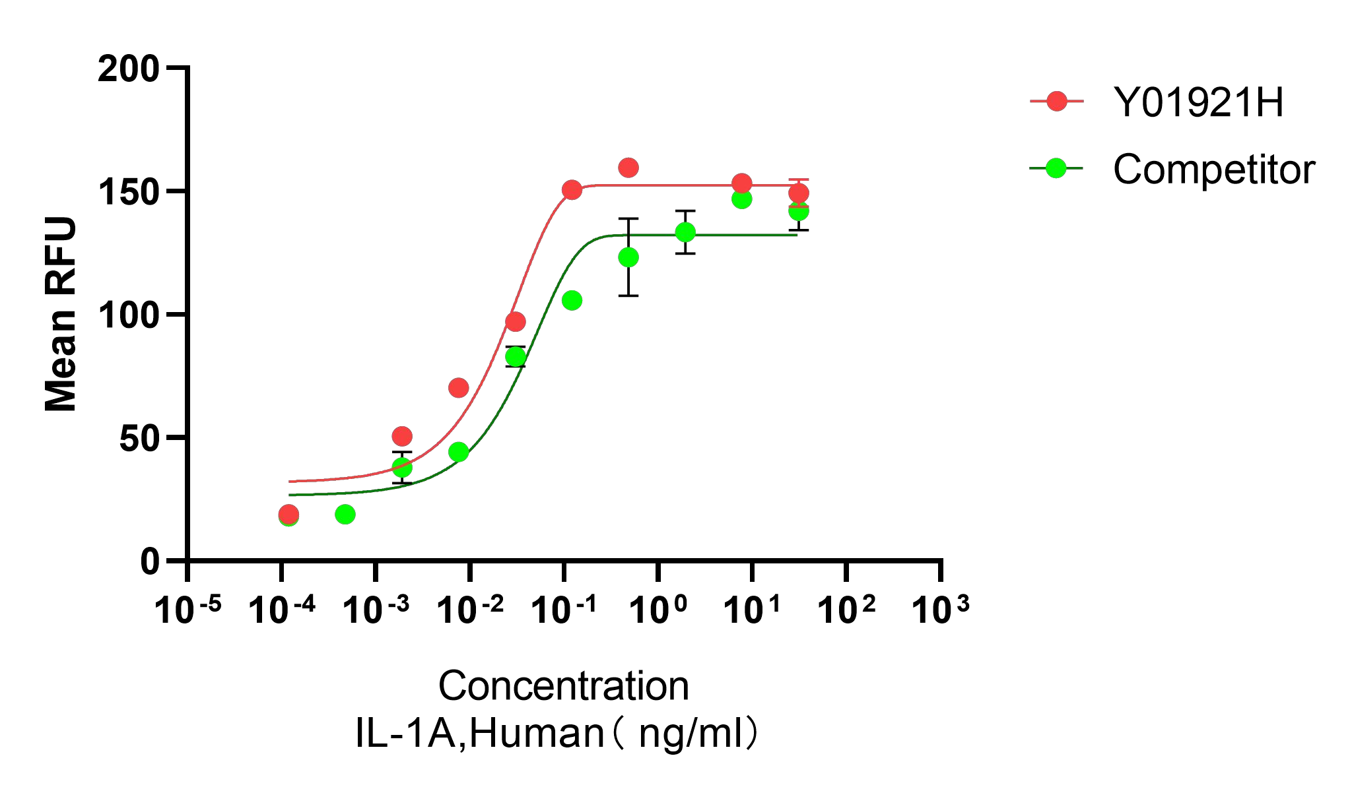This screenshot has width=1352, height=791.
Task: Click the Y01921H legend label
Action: coord(1198,102)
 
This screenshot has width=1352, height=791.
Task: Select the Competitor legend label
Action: coord(1214,170)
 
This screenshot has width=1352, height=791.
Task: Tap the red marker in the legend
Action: coord(1057,101)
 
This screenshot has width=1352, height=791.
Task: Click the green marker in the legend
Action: coord(1056,168)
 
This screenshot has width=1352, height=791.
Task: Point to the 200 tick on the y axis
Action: coord(129,69)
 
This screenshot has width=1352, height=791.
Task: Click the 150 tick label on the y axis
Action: coord(129,192)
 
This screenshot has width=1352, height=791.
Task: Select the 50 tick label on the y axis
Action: coord(139,439)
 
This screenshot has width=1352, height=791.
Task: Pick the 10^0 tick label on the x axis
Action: coord(658,610)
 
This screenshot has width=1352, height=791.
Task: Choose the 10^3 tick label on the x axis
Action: coord(939,610)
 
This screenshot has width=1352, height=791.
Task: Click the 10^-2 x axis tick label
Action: coord(469,610)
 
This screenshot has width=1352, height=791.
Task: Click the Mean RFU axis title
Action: coord(61,314)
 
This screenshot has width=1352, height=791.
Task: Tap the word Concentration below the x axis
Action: coord(563,686)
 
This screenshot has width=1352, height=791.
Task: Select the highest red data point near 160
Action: coord(628,168)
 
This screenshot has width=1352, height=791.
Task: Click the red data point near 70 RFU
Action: coord(458,388)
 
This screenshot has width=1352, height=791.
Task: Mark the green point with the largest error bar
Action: coord(628,257)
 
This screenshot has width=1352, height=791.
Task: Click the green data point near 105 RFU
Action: coord(572,300)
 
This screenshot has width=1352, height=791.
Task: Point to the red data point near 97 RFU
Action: coord(516,322)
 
